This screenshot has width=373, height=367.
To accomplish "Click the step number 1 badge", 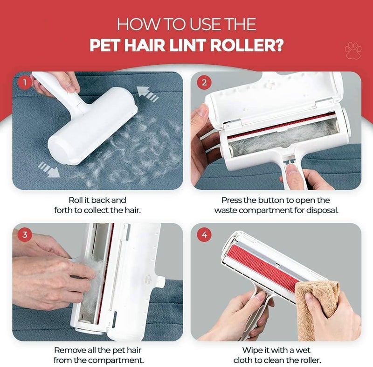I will click(23, 83).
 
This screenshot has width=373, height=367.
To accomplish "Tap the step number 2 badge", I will click(204, 83).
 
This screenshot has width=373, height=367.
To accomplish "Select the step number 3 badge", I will click(23, 234).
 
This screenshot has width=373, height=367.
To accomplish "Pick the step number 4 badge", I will click(204, 234).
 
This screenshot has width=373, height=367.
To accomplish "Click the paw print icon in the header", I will click(352, 50).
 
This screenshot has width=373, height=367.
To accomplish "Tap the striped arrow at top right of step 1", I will click(151, 94).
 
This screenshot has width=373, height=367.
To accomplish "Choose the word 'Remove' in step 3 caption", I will click(69, 349).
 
